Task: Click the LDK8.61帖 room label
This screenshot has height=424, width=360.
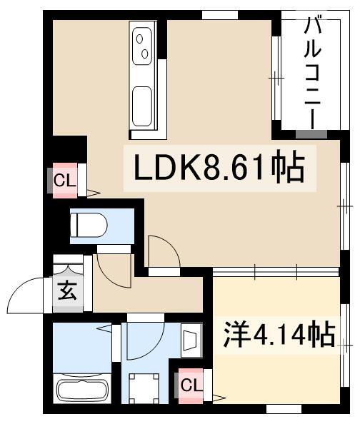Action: (219, 168)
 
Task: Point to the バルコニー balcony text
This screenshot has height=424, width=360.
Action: (313, 73)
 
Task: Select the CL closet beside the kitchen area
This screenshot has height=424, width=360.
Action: (65, 181)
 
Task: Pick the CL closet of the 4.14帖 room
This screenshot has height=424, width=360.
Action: (191, 385)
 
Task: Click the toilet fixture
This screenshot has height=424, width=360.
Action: (89, 226)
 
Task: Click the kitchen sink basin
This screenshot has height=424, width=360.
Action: (142, 106)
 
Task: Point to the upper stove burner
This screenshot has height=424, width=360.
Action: (140, 39)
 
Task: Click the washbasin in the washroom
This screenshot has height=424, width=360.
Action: (192, 340)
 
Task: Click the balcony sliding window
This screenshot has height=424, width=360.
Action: (276, 79)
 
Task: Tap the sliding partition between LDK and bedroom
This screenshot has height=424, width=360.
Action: (276, 272)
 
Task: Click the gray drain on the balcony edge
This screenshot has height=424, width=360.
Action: (311, 134)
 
